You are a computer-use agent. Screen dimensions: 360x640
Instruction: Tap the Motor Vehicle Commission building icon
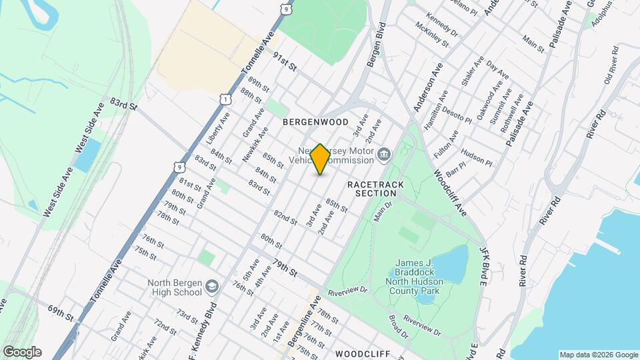(384, 156)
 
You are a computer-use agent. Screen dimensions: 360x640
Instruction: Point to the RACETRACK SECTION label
(371, 188)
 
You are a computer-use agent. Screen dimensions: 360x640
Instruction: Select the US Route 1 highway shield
(227, 99)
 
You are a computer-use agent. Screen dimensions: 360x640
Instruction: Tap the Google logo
(21, 352)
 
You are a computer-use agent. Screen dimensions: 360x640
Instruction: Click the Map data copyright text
(597, 355)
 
